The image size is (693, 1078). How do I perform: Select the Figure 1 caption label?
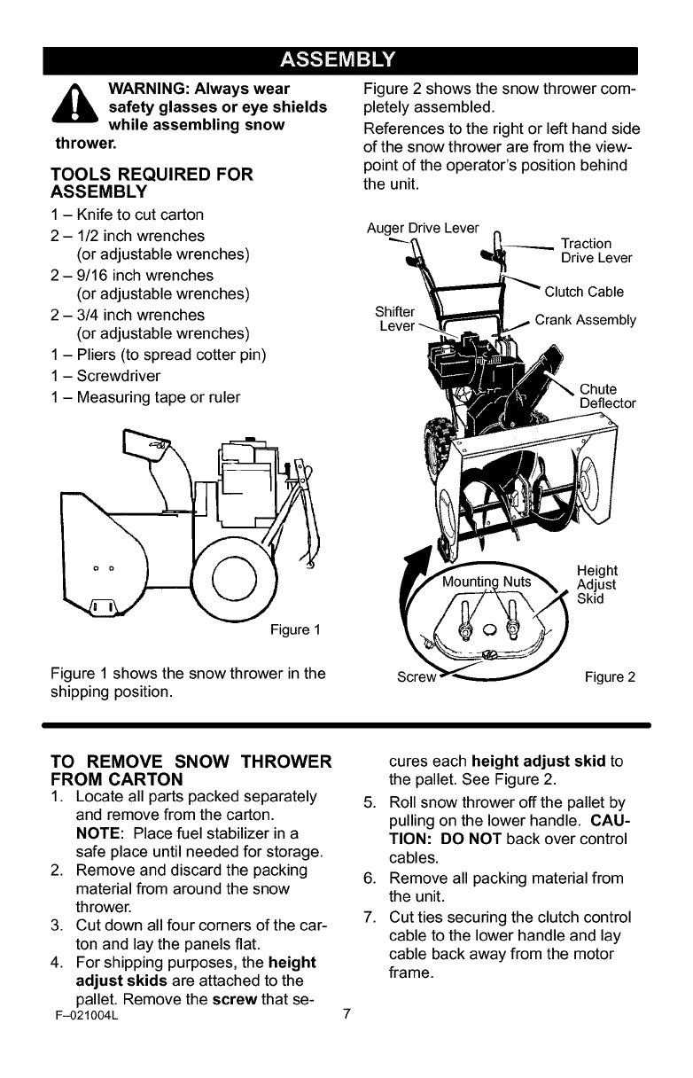[x=295, y=630]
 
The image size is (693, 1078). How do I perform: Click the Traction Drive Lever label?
[x=596, y=250]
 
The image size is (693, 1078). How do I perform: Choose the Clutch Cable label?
[x=584, y=292]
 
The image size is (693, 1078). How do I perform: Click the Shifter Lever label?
[x=395, y=318]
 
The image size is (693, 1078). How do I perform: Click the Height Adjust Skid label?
[x=596, y=584]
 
